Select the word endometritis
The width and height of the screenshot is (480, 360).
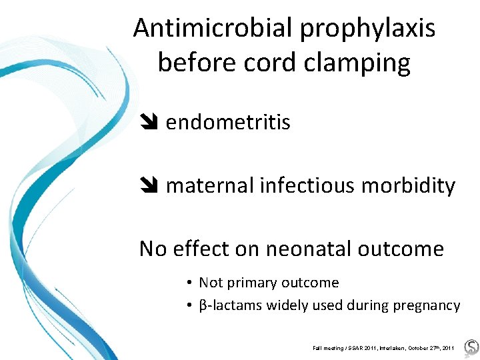pyautogui.click(x=228, y=123)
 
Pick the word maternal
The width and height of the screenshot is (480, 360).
pyautogui.click(x=209, y=186)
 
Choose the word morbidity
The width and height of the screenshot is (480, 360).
pyautogui.click(x=408, y=186)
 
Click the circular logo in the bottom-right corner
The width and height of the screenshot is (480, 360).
pyautogui.click(x=471, y=347)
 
